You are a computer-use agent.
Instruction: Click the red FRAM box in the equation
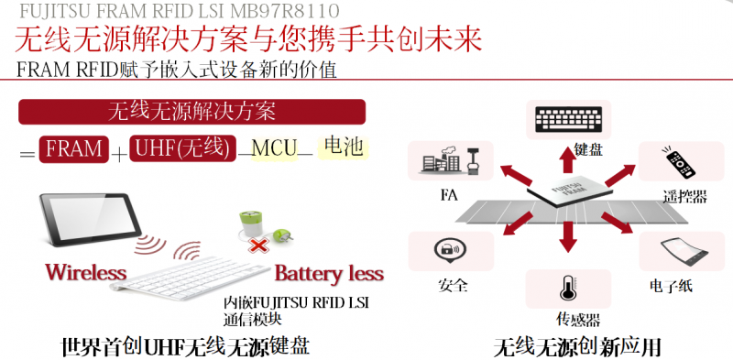[x=73, y=148]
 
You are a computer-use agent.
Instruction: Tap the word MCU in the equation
[x=273, y=148]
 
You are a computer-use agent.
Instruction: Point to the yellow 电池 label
[x=344, y=147]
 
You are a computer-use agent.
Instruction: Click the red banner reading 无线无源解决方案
[x=192, y=112]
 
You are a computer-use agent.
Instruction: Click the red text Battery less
[x=329, y=273]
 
